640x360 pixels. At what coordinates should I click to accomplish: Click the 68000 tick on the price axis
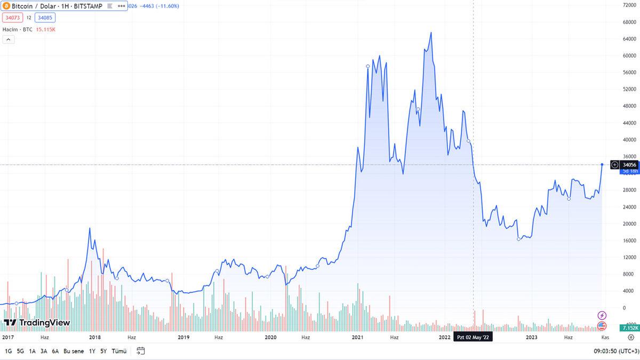[630, 22]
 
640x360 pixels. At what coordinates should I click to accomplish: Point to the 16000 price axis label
[630, 241]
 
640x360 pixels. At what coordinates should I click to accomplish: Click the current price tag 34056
[630, 165]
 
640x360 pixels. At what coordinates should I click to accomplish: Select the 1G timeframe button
[9, 351]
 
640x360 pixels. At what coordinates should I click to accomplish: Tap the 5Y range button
[103, 351]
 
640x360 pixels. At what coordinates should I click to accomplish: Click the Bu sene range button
[74, 351]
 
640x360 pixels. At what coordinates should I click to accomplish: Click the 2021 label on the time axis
[357, 337]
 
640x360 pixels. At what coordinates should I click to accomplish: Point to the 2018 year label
[95, 337]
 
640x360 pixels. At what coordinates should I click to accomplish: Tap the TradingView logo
[37, 323]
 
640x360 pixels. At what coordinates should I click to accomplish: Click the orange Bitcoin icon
[6, 5]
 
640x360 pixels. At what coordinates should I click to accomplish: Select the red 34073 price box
[12, 18]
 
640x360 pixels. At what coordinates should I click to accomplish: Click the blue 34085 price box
[45, 18]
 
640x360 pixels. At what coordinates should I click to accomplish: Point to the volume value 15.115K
[46, 29]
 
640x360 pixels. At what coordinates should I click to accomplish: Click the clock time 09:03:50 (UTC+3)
[617, 351]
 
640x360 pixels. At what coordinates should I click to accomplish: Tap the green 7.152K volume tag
[629, 328]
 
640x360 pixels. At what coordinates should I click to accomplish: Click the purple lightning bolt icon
[602, 315]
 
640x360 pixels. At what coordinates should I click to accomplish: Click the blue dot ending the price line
[602, 164]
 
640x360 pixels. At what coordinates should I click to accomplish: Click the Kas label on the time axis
[605, 337]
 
